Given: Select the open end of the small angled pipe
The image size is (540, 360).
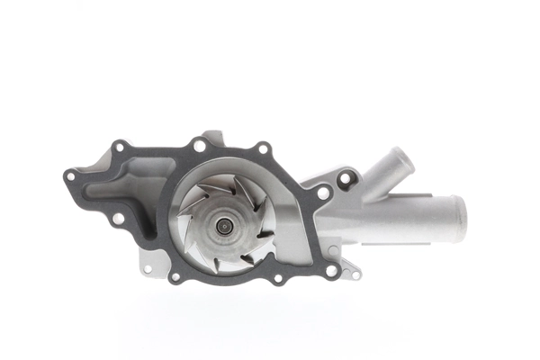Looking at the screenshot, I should [401, 163].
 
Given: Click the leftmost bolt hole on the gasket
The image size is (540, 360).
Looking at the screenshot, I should [70, 176].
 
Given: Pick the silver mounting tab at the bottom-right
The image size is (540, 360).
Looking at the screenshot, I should [353, 271].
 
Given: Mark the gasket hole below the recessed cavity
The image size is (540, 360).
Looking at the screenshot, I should [117, 218].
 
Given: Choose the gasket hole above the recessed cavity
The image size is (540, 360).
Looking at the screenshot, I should [118, 146].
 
